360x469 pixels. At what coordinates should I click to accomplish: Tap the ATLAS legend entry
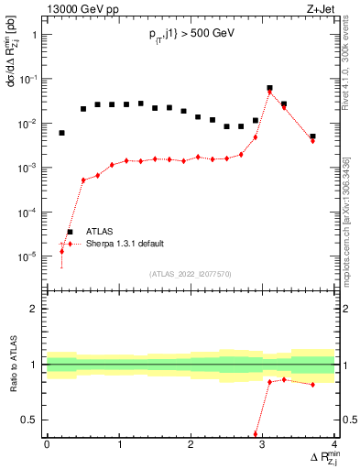(x=100, y=233)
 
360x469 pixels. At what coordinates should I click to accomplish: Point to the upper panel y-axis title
(x=12, y=60)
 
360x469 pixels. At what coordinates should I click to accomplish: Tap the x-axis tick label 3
(x=263, y=445)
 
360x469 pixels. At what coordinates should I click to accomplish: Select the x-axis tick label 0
(x=47, y=445)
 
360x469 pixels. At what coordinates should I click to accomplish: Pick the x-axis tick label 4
(x=334, y=445)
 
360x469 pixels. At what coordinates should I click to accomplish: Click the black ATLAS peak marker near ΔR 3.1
(x=269, y=89)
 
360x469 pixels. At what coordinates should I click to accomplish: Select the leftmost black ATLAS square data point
(x=61, y=133)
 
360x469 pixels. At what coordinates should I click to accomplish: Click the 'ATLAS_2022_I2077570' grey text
(x=191, y=274)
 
